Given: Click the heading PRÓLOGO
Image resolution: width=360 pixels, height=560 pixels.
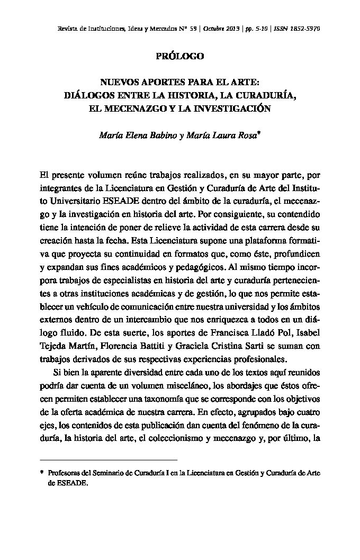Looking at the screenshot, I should pyautogui.click(x=180, y=56).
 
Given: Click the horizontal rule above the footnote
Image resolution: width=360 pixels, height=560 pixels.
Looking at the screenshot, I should pyautogui.click(x=109, y=460).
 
